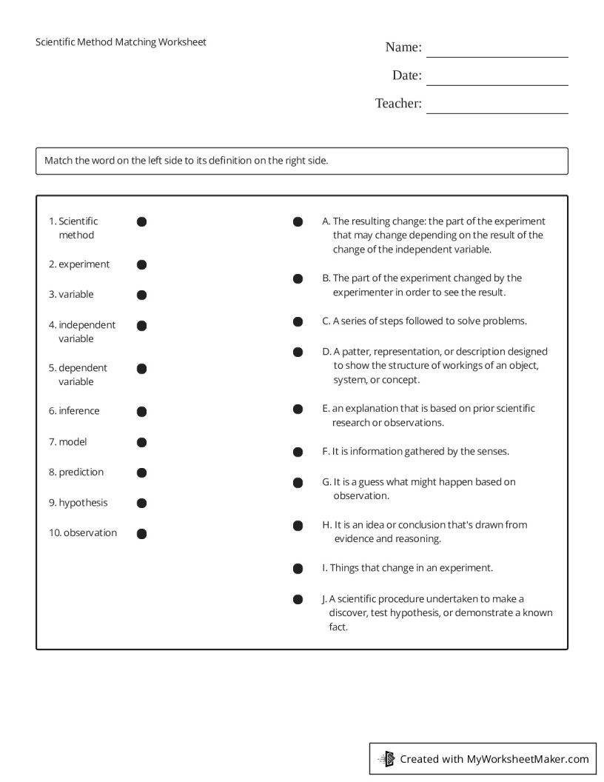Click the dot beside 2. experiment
[141, 264]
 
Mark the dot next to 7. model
[141, 442]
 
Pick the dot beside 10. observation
[141, 533]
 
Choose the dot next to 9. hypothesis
[141, 503]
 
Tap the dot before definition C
[298, 321]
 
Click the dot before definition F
[298, 452]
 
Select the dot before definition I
[298, 569]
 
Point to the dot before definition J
[298, 599]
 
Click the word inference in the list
[78, 411]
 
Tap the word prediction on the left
[81, 472]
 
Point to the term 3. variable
[72, 295]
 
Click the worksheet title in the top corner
[121, 42]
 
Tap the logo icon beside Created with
[386, 758]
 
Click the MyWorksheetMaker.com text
[528, 759]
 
